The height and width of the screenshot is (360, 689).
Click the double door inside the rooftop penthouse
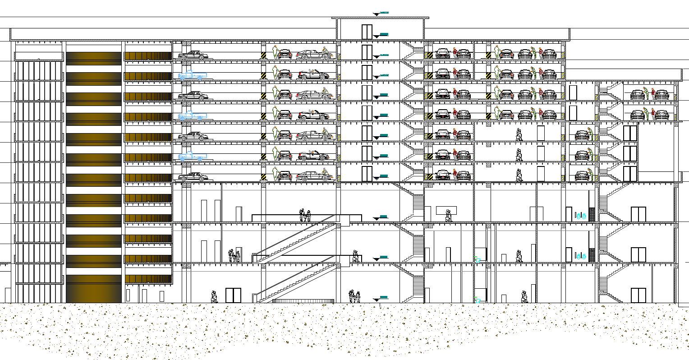(x=367, y=32)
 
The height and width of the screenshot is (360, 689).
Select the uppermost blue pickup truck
(x=191, y=76)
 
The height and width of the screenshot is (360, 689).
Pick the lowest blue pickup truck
(x=191, y=157)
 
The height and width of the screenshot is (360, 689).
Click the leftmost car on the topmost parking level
(x=193, y=55)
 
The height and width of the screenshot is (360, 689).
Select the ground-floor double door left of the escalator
(x=233, y=295)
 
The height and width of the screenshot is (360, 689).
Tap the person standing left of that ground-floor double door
(x=214, y=296)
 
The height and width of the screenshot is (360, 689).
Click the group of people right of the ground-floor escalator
(x=355, y=296)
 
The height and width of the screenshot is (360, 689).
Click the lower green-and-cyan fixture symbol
(x=477, y=299)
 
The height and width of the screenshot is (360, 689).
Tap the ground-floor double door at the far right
(x=638, y=295)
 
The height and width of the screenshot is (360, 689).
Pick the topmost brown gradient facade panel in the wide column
(x=94, y=56)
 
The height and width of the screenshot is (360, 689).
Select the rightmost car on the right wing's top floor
(x=661, y=95)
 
